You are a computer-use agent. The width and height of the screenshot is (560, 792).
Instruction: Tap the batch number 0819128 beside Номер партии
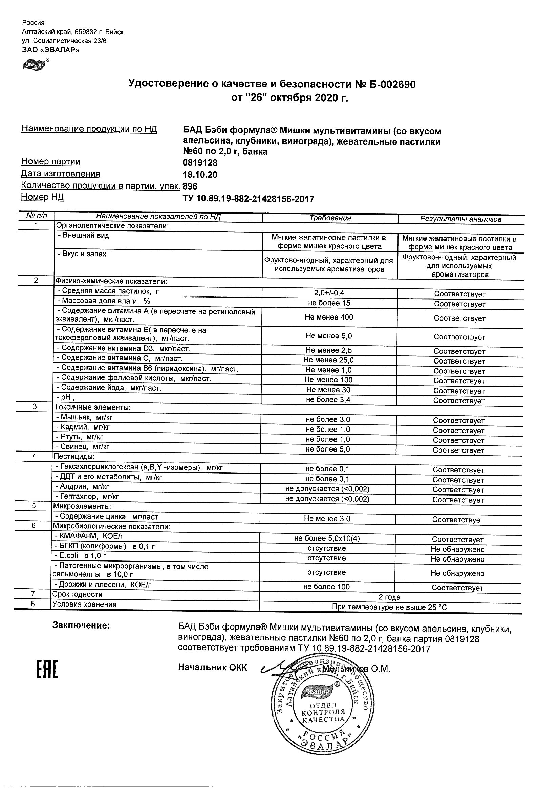[x=200, y=162]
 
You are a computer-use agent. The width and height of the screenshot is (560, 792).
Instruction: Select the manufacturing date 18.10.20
[x=200, y=175]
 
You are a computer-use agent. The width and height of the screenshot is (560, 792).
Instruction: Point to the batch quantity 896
[x=190, y=186]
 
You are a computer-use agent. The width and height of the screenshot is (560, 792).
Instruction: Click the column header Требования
[x=330, y=218]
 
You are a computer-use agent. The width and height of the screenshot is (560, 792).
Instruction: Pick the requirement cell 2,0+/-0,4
[x=329, y=293]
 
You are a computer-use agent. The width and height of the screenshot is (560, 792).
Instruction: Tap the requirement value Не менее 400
[x=329, y=317]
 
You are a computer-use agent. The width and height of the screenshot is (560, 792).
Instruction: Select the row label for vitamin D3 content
[x=123, y=348]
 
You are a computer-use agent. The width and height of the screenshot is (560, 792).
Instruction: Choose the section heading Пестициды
[x=73, y=456]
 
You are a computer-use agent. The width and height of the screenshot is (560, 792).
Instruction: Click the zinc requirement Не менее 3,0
[x=327, y=519]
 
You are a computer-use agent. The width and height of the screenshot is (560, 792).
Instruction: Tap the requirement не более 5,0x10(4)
[x=327, y=538]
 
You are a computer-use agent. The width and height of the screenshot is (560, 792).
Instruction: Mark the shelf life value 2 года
[x=390, y=597]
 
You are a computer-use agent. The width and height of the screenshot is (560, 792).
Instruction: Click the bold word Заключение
[x=81, y=625]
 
